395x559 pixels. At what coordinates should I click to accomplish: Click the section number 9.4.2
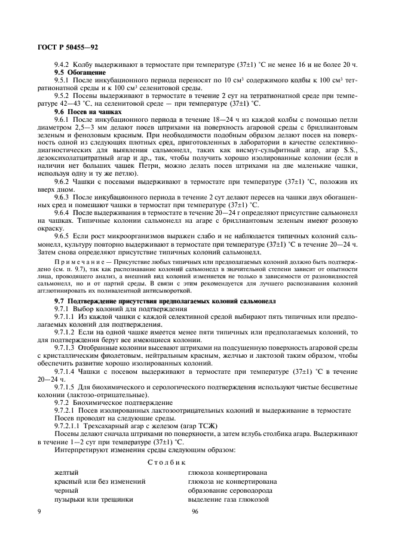click(x=62, y=64)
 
